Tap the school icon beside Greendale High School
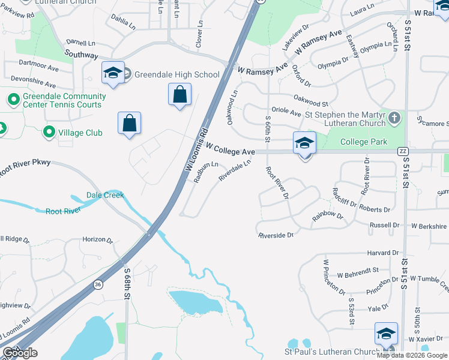113,74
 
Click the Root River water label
63,211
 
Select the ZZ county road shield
403,152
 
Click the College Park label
363,142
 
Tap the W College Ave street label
231,149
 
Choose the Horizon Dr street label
97,239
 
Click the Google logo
20,353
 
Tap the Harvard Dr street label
382,253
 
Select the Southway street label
82,55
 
